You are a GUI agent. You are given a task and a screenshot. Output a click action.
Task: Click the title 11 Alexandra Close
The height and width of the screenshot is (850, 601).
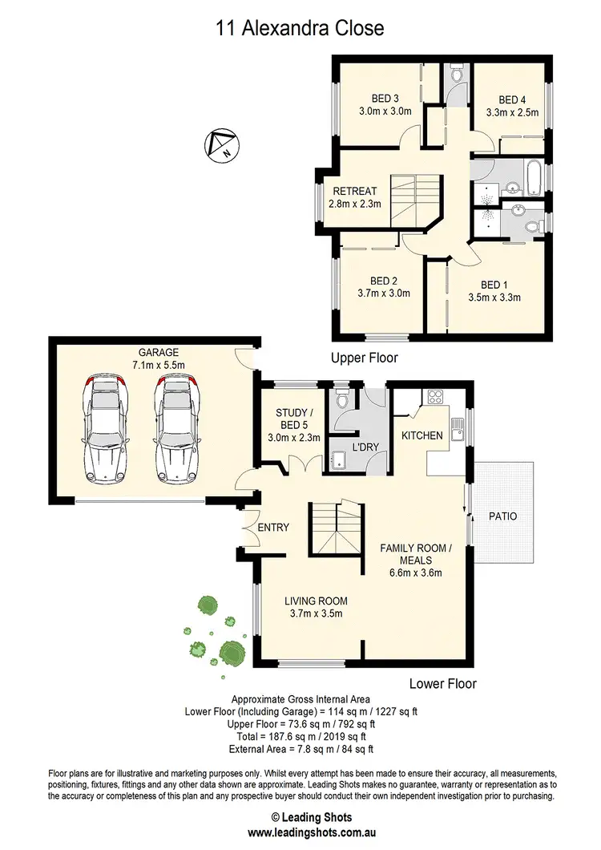[300, 28]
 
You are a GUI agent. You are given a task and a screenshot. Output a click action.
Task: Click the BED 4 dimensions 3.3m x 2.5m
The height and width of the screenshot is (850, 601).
[512, 113]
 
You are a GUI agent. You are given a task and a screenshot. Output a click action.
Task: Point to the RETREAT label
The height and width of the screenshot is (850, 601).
[355, 191]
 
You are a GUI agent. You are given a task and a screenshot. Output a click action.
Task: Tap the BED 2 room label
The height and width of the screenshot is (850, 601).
[384, 281]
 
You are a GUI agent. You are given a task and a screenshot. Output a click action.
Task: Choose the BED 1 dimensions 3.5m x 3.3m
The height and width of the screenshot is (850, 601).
[494, 297]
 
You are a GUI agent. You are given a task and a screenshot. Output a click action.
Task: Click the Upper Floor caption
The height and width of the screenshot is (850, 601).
[365, 358]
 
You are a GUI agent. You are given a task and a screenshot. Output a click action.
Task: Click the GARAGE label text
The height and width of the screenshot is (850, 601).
[158, 352]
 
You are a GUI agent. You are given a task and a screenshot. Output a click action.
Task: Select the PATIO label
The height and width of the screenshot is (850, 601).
[502, 516]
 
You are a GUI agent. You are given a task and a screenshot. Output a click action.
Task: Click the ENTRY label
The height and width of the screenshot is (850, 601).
[273, 527]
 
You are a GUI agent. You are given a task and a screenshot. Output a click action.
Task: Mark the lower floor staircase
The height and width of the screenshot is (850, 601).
[337, 525]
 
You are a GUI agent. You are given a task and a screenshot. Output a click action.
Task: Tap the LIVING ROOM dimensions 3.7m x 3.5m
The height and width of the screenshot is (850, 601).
[315, 614]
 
